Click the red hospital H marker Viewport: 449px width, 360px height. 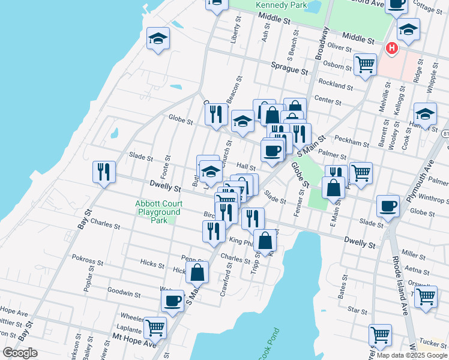[x=392, y=47]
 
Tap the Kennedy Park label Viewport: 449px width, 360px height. [x=277, y=5]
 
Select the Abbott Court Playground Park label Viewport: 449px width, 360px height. [x=158, y=212]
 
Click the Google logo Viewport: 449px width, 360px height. [x=20, y=353]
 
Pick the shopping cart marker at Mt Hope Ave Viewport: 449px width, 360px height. [x=155, y=328]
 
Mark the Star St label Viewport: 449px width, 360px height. [x=357, y=310]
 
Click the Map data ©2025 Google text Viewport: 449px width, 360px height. [x=411, y=355]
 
